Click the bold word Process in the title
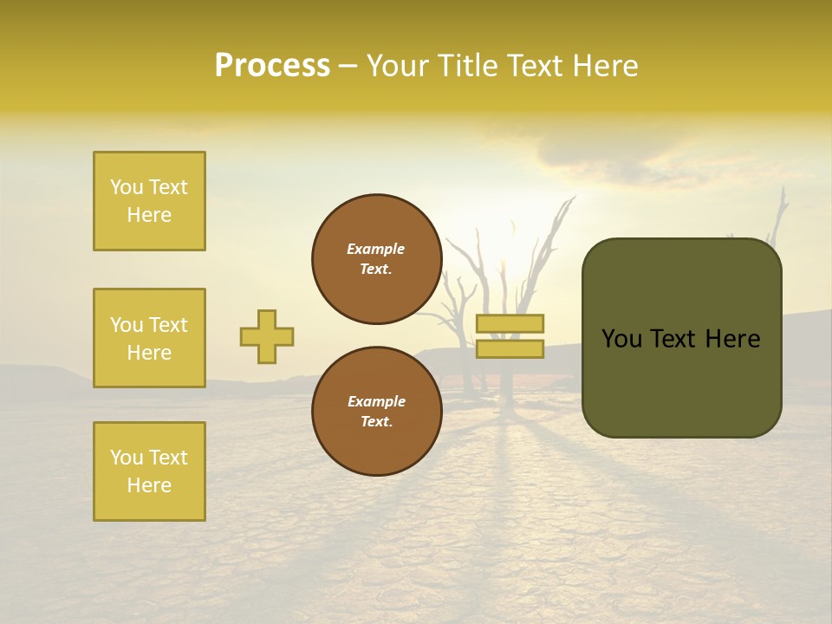pos(272,66)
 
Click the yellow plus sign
pos(267,336)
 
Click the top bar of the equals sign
pos(510,323)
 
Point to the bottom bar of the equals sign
pos(510,348)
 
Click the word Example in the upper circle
pos(375,249)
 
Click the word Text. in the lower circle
pos(376,421)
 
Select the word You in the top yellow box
pos(126,187)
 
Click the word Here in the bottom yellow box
pos(149,485)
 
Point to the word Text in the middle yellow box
pos(168,325)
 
